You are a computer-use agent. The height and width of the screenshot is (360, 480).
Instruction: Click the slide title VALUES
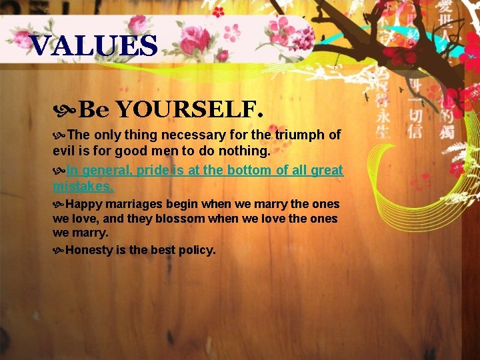click(94, 46)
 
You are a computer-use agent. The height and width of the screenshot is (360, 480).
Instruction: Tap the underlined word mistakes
click(83, 186)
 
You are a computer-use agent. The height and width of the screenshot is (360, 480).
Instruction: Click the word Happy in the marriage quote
click(83, 204)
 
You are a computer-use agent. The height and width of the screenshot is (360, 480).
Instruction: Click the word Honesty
click(91, 250)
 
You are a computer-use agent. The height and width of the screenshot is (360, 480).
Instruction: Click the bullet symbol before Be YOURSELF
click(65, 108)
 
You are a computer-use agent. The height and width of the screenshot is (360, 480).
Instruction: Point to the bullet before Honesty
click(59, 251)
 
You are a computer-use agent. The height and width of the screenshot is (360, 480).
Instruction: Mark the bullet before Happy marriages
click(59, 204)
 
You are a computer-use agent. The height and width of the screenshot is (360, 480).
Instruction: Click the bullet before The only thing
click(59, 135)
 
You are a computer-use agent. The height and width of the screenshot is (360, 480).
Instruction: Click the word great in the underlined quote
click(327, 170)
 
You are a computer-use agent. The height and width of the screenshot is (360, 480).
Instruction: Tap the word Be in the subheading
click(93, 107)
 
